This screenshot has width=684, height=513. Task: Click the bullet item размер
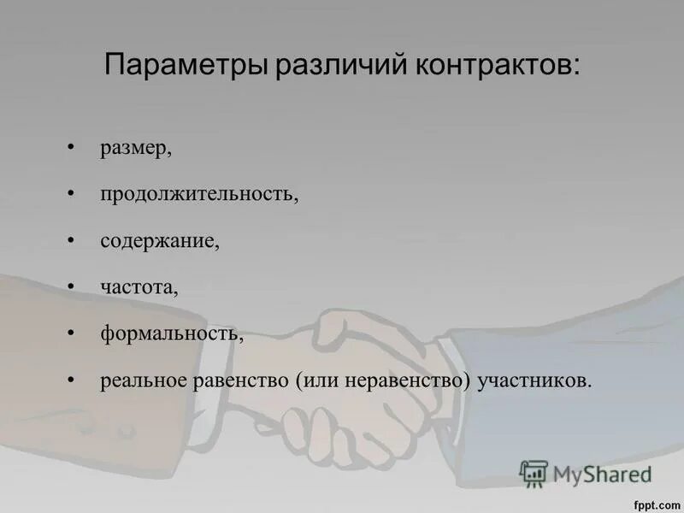tap(135, 149)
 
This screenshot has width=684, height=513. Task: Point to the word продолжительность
tap(198, 195)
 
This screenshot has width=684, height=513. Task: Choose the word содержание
tap(159, 241)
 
